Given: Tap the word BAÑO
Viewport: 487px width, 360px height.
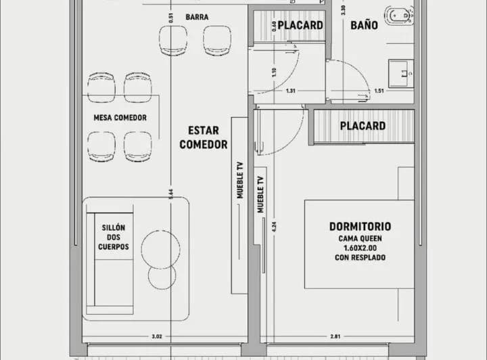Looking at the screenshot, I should tap(363, 25).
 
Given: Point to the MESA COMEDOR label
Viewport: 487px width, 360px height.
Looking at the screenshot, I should tap(120, 118).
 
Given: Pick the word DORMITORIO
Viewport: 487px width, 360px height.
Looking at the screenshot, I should tap(360, 227).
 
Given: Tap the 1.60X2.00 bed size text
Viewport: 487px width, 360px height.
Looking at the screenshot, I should tap(360, 248).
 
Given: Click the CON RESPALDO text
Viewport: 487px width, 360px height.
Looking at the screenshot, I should tap(360, 258).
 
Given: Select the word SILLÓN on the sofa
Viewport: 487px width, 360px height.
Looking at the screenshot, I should tap(113, 228).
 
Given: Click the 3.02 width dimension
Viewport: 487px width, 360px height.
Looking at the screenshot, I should tap(156, 336).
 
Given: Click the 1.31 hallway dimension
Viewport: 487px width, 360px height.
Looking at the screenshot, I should tap(291, 91).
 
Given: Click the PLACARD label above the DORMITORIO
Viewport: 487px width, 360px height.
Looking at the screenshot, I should tap(363, 126).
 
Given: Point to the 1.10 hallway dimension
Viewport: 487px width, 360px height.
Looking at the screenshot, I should tap(274, 71).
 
